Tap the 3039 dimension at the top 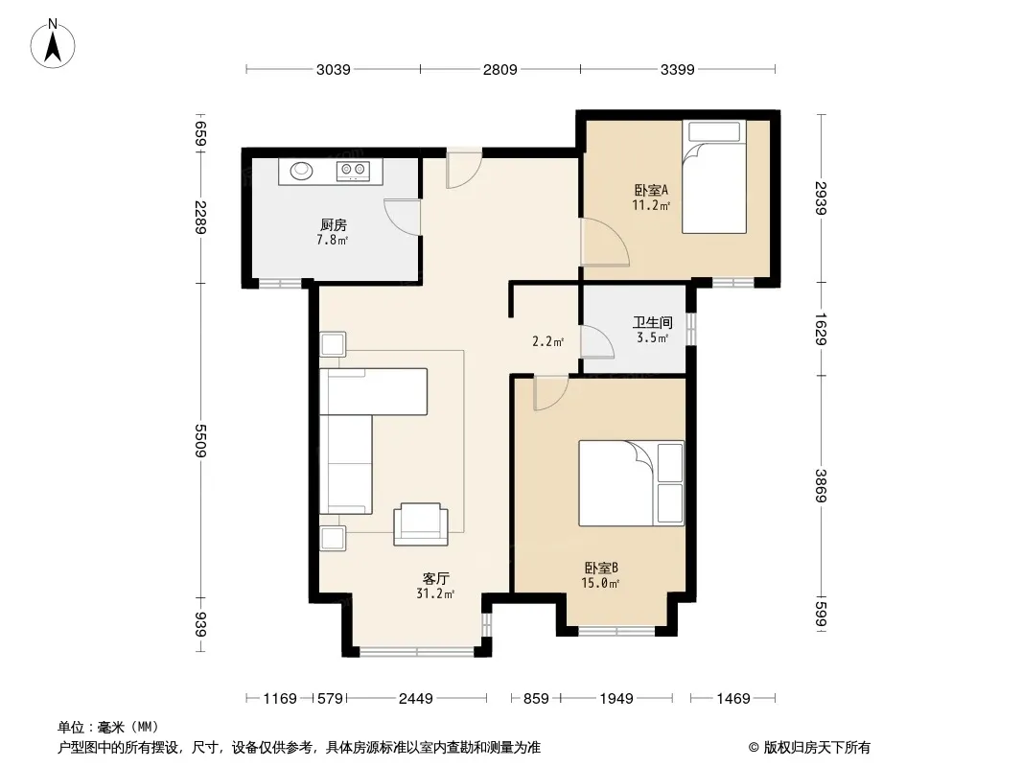(x=333, y=69)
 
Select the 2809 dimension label (x=499, y=69)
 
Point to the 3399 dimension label (x=677, y=69)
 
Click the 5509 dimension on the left (x=200, y=440)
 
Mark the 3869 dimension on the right (x=822, y=485)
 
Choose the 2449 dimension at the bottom (x=416, y=699)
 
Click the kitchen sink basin (x=301, y=171)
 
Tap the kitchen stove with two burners (x=353, y=171)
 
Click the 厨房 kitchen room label (x=333, y=224)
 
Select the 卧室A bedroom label (x=651, y=190)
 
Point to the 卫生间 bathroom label (x=653, y=322)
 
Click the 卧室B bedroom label (x=601, y=569)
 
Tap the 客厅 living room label (x=435, y=579)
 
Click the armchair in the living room (x=421, y=523)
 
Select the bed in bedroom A (x=713, y=176)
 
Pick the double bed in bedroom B (x=632, y=483)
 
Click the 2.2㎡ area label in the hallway (x=547, y=340)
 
